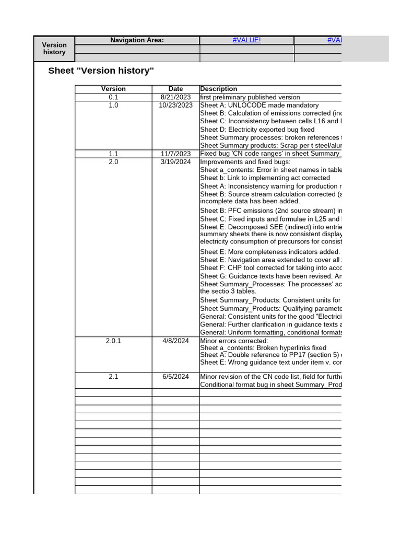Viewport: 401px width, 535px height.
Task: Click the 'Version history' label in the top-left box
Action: [54, 49]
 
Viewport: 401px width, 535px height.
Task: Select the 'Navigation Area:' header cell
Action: [137, 40]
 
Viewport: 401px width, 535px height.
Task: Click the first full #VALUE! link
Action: [246, 40]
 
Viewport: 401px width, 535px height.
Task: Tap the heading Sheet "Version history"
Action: [101, 71]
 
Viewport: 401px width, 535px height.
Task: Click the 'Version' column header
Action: [113, 89]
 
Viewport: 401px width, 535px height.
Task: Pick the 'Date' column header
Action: [175, 89]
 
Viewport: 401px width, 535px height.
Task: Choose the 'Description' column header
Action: [218, 89]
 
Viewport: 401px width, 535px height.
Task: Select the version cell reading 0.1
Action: [113, 97]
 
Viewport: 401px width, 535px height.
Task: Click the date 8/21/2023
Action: [175, 97]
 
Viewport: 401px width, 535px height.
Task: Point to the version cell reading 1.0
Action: [113, 105]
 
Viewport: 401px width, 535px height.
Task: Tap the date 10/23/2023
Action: [175, 105]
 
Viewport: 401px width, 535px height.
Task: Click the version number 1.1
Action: [113, 154]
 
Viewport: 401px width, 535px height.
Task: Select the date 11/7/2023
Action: [175, 154]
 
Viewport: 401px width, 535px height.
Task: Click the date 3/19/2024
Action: [175, 162]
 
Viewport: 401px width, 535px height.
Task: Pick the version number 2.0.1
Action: [113, 341]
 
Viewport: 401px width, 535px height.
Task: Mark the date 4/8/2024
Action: [175, 341]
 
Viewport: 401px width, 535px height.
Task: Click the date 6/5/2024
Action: [175, 377]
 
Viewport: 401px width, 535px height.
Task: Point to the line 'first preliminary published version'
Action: [250, 97]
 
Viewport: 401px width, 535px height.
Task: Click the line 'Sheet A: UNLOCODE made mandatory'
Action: [259, 105]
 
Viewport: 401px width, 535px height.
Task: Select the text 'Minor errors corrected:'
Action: [234, 341]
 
